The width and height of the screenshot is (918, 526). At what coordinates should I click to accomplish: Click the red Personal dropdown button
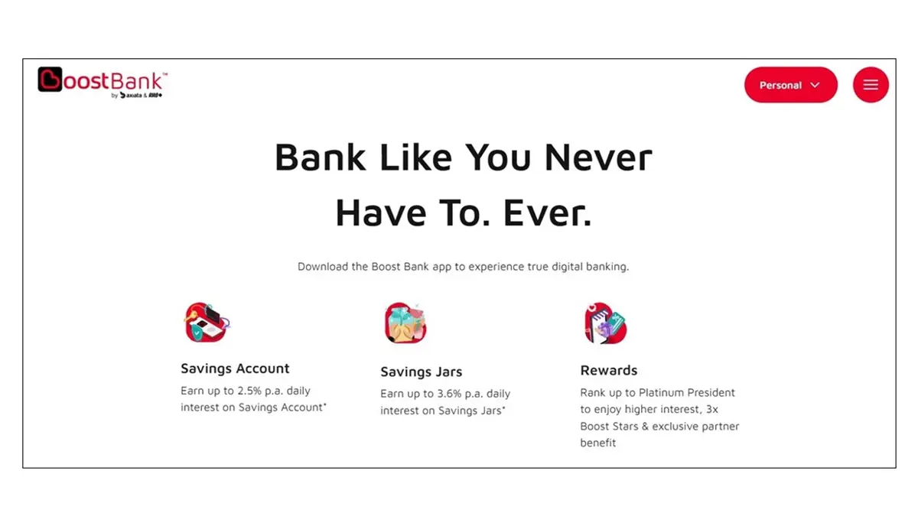click(790, 85)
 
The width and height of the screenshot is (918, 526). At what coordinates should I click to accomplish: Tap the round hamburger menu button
click(871, 85)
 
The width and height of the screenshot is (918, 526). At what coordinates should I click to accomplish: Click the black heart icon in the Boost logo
click(50, 79)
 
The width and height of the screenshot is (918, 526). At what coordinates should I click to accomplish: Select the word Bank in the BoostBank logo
click(137, 81)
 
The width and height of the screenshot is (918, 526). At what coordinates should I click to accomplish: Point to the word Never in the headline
click(598, 157)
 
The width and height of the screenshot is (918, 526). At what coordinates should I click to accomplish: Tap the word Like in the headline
click(415, 157)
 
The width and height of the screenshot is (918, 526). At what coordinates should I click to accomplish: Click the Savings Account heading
click(235, 369)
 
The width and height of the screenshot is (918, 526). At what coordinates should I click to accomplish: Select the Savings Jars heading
click(421, 372)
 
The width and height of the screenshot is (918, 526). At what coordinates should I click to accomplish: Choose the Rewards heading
click(609, 370)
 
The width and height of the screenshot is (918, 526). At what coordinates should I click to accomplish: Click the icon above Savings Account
click(207, 323)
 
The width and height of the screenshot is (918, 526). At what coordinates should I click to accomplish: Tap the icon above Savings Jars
click(405, 323)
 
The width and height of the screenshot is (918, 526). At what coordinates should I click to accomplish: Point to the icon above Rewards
click(605, 323)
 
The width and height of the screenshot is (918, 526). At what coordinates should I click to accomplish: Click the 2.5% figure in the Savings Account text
click(249, 391)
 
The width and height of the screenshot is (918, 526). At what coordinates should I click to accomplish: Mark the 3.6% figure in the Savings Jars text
click(449, 394)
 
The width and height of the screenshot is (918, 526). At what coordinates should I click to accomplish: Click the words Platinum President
click(686, 392)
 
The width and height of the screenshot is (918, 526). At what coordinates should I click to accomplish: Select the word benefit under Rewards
click(598, 443)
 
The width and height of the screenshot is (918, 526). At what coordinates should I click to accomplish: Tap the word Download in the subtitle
click(323, 267)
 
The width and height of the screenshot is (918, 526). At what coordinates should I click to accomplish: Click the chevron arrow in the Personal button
click(815, 85)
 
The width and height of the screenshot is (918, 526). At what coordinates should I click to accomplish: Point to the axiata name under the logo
click(134, 96)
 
